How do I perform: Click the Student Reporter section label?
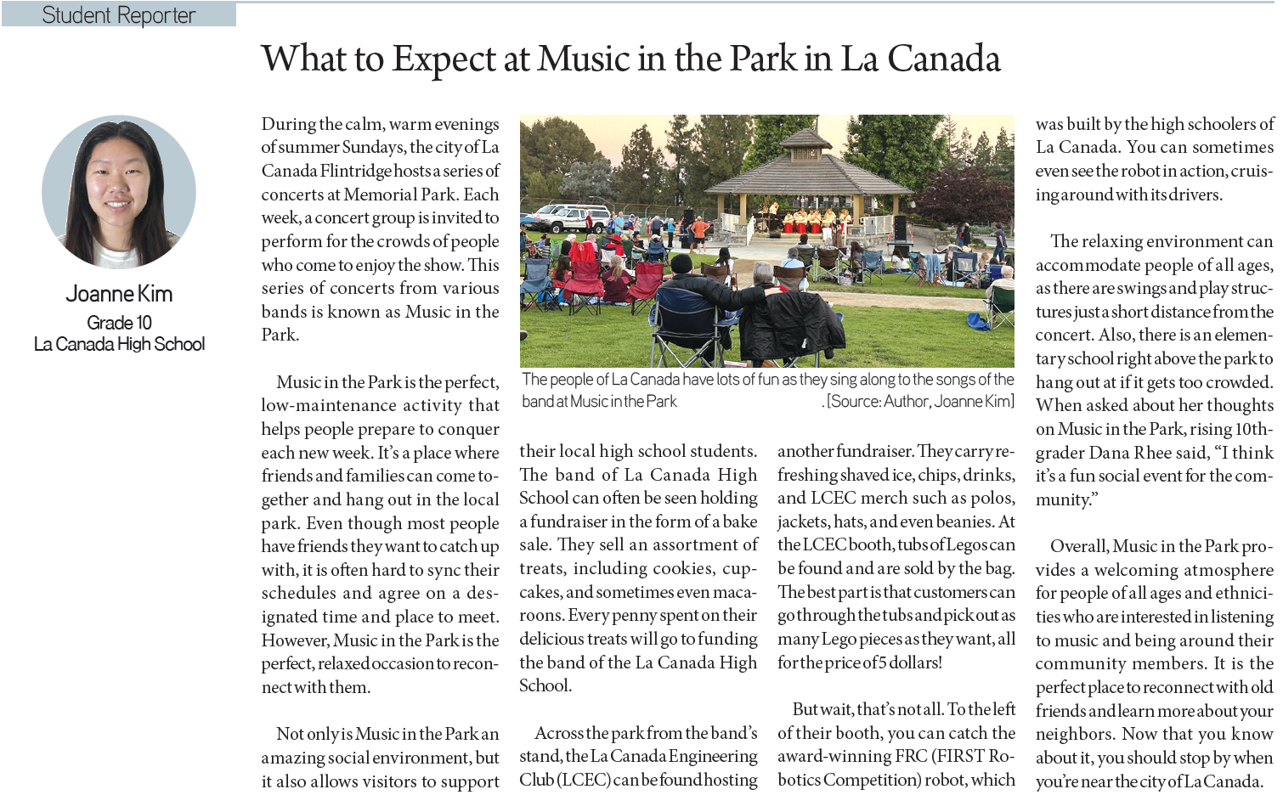pyautogui.click(x=118, y=15)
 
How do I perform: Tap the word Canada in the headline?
pyautogui.click(x=944, y=59)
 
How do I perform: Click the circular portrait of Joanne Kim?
pyautogui.click(x=119, y=192)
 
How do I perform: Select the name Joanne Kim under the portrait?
pyautogui.click(x=119, y=294)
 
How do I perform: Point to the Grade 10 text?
pyautogui.click(x=119, y=323)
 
